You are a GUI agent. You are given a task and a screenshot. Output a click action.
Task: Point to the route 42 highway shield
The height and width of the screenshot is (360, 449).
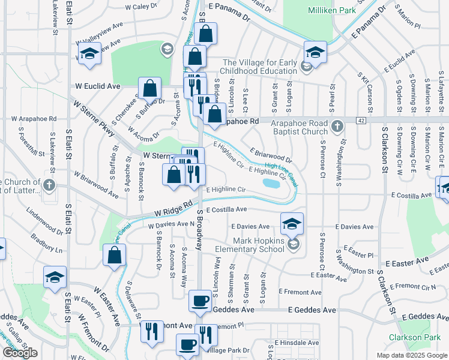tap(360, 121)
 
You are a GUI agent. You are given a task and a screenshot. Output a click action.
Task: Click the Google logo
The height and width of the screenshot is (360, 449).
tap(20, 353)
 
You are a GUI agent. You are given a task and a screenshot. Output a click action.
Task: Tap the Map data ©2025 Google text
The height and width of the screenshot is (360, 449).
tap(411, 355)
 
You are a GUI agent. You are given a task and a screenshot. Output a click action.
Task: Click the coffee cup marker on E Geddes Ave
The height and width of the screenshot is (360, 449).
tap(200, 302)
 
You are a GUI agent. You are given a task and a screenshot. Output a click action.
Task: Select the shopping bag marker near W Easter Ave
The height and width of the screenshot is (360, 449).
tap(114, 255)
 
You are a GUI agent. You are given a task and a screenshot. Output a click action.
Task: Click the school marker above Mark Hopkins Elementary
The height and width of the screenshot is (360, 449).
tap(292, 224)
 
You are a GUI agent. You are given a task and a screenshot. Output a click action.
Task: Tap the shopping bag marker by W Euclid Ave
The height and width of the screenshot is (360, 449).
tap(150, 89)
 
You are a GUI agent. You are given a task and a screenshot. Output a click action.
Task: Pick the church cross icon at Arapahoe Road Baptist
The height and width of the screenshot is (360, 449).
tap(337, 126)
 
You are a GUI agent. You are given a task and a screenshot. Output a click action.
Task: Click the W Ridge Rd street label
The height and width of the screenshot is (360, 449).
tap(175, 212)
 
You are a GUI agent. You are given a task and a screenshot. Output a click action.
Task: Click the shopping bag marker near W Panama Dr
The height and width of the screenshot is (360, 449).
tap(205, 34)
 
